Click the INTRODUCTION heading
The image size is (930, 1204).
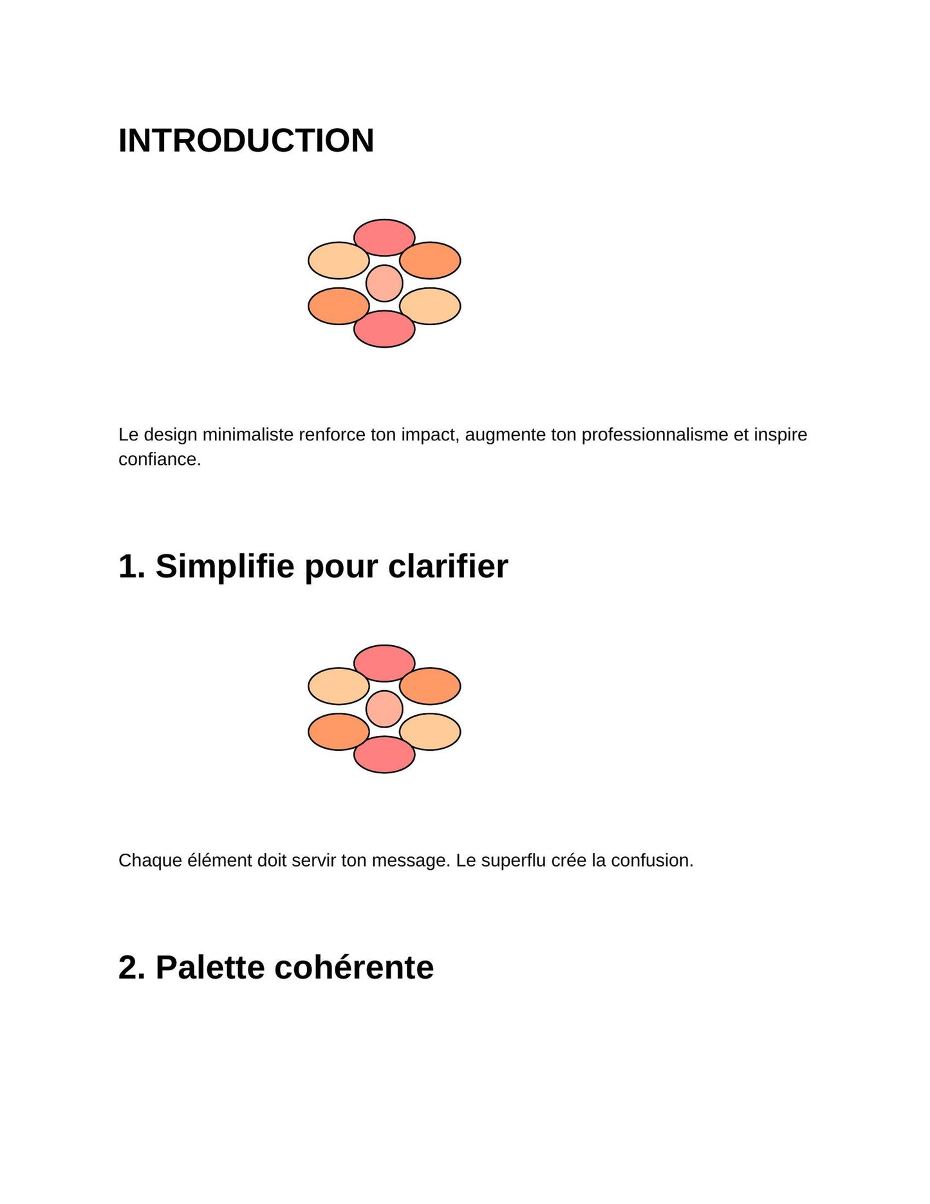(x=246, y=140)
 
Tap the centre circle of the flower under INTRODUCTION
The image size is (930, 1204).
(x=384, y=283)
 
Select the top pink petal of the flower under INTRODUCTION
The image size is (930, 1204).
(x=384, y=237)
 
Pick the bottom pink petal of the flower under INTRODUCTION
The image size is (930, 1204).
(x=384, y=329)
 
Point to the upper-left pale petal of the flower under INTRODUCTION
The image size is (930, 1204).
(x=339, y=260)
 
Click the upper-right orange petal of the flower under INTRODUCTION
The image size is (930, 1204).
(x=430, y=260)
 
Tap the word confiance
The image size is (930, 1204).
(x=159, y=459)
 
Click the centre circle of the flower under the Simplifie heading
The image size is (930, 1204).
(x=384, y=709)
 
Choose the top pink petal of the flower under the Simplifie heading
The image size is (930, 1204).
(x=384, y=663)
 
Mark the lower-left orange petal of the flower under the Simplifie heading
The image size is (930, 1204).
(x=339, y=732)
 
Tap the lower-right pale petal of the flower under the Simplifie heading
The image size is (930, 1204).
(x=430, y=732)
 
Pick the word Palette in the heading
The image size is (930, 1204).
(x=211, y=967)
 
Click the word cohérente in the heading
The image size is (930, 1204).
(x=354, y=967)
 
